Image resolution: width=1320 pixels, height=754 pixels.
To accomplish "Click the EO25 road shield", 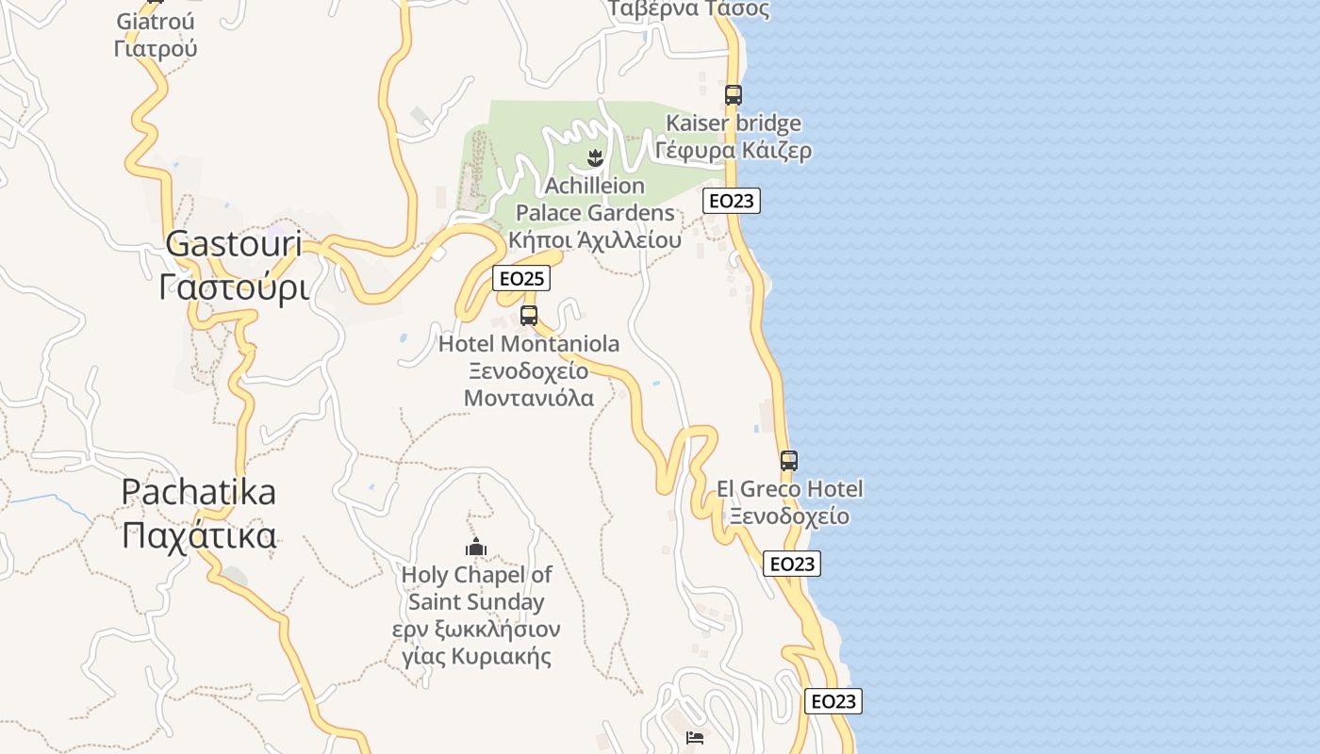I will (521, 278).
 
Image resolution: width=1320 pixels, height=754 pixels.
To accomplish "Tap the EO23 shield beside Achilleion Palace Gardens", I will (731, 201).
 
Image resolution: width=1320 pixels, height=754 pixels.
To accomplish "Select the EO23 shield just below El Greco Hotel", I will (792, 564).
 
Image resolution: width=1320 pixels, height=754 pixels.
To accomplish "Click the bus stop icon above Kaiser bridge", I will (734, 94).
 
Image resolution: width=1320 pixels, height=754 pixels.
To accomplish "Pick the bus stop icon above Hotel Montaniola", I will (529, 315).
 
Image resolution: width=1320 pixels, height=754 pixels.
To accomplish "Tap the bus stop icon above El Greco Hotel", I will (789, 461).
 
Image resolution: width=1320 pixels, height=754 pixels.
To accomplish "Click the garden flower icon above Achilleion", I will (594, 156).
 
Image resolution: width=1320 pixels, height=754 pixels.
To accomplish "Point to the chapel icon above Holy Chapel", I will (476, 547).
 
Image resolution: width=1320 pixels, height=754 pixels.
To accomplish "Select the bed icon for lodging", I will (696, 737).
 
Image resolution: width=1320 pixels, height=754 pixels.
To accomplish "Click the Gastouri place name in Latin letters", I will (234, 244).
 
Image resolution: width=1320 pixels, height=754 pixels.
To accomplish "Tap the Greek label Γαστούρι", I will (234, 287).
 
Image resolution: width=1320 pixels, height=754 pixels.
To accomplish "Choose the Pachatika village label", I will (199, 491).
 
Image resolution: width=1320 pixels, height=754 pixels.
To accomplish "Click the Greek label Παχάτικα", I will (199, 534).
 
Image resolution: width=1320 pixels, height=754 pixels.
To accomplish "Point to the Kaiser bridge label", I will (734, 123).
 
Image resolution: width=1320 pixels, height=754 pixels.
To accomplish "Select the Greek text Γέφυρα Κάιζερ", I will (734, 150).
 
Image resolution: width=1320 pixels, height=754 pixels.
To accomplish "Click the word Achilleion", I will (594, 185).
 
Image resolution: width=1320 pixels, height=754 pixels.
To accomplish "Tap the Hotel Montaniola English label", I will (529, 344).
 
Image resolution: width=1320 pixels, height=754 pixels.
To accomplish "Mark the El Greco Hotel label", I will (789, 488).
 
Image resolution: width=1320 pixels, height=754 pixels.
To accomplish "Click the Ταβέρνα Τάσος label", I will (688, 9).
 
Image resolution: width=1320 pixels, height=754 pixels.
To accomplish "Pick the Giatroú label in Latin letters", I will (156, 21).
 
